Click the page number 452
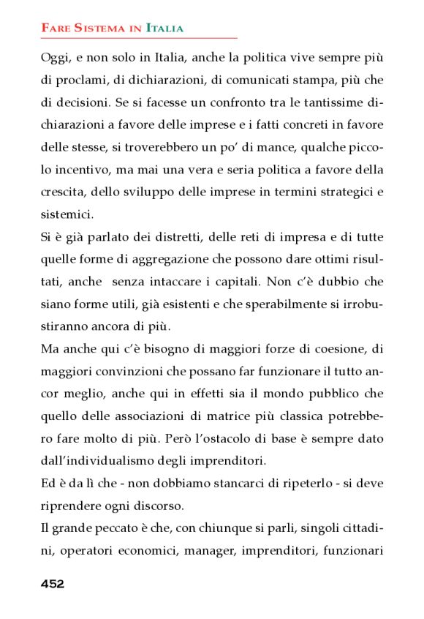(53, 583)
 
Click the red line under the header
(139, 37)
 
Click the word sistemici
(67, 216)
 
